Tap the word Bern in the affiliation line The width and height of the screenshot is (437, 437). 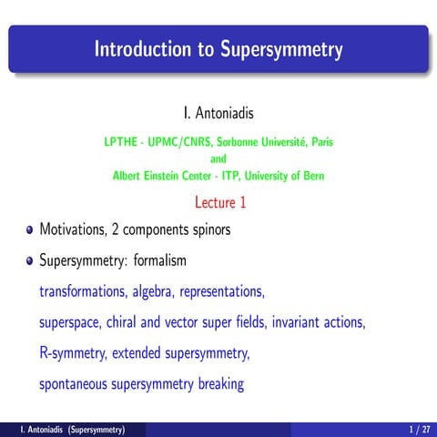coord(312,175)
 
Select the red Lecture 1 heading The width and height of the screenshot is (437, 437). coord(218,202)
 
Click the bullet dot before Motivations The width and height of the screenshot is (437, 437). coord(30,230)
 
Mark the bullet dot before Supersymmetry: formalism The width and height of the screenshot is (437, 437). coord(30,261)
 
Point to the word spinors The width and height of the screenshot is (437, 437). coord(208,229)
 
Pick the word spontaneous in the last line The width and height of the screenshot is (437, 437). coord(73,383)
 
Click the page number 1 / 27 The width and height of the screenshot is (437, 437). coord(419,429)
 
